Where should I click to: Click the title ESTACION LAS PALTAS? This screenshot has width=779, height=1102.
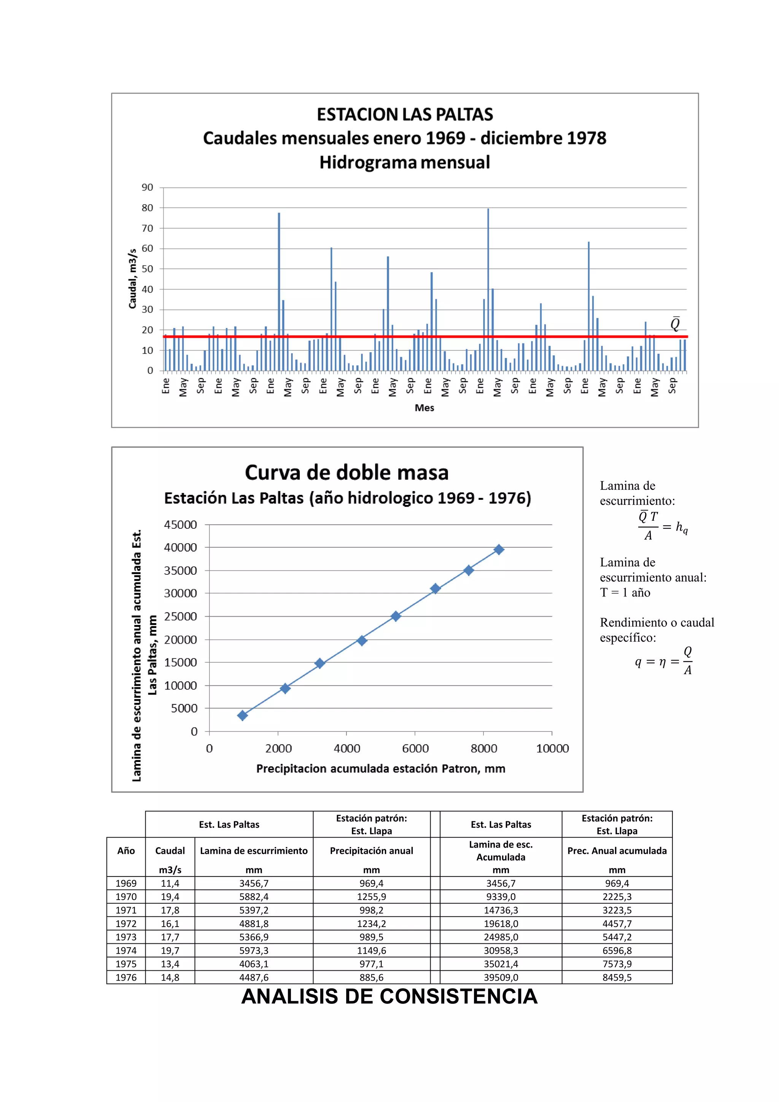pyautogui.click(x=405, y=114)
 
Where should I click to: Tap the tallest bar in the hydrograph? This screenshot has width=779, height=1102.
pyautogui.click(x=488, y=288)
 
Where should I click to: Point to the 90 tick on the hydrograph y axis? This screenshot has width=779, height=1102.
pyautogui.click(x=147, y=187)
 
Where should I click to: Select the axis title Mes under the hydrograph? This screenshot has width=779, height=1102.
pyautogui.click(x=424, y=407)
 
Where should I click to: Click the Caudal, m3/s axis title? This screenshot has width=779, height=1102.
pyautogui.click(x=132, y=278)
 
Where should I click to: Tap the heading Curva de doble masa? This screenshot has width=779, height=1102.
pyautogui.click(x=347, y=472)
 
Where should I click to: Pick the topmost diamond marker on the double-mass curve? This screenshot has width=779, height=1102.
pyautogui.click(x=499, y=550)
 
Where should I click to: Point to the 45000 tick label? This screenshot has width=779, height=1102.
pyautogui.click(x=180, y=525)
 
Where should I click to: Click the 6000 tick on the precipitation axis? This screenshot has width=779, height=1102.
pyautogui.click(x=415, y=748)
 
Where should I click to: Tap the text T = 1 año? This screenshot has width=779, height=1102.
pyautogui.click(x=625, y=592)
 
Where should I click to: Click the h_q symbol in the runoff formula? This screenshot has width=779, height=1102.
pyautogui.click(x=682, y=528)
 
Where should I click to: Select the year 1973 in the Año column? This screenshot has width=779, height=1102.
pyautogui.click(x=126, y=937)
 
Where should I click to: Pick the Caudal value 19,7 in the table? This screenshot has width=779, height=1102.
pyautogui.click(x=170, y=950)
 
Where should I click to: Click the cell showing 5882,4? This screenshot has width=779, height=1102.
pyautogui.click(x=254, y=897)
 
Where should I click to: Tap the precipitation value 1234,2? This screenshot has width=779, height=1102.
pyautogui.click(x=372, y=924)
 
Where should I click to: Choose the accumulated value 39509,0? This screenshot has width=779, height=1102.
pyautogui.click(x=501, y=977)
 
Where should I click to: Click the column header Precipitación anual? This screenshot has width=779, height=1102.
pyautogui.click(x=372, y=851)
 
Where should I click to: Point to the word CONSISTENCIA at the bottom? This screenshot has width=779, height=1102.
pyautogui.click(x=458, y=996)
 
